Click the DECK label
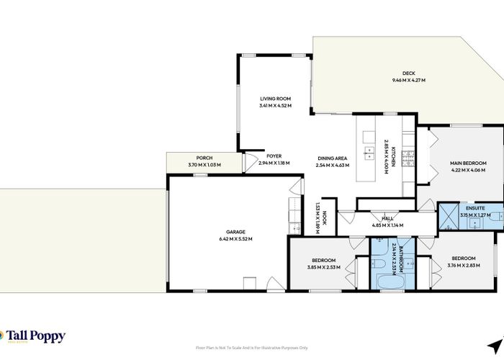[408, 73]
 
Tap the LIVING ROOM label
[274, 99]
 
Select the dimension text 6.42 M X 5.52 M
[235, 239]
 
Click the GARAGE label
[235, 232]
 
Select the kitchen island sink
[370, 152]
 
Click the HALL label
[387, 218]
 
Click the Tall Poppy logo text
[36, 336]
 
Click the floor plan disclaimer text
[251, 348]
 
